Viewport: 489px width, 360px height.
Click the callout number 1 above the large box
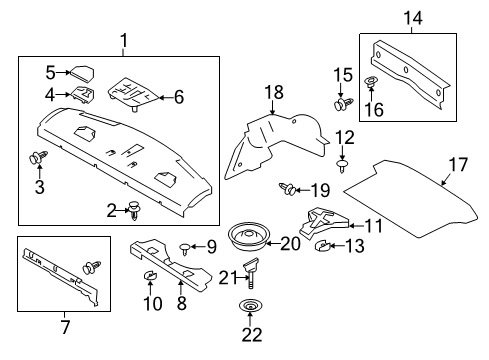pyautogui.click(x=123, y=41)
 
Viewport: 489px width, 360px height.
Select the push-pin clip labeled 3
pyautogui.click(x=39, y=158)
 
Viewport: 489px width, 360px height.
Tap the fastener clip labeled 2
pyautogui.click(x=134, y=210)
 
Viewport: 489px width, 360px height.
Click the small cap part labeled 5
pyautogui.click(x=81, y=73)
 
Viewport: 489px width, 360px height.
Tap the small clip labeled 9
pyautogui.click(x=184, y=246)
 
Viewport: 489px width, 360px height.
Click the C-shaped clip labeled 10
pyautogui.click(x=149, y=275)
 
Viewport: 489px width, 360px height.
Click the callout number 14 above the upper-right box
pyautogui.click(x=412, y=16)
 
